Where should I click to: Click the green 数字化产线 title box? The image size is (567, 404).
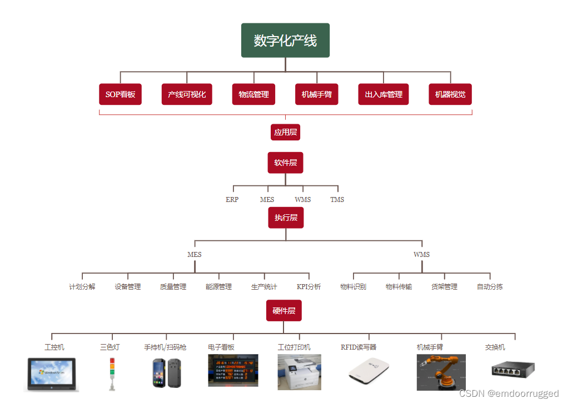(285, 41)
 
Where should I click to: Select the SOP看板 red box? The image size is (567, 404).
(120, 94)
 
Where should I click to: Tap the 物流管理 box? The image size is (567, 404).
(253, 94)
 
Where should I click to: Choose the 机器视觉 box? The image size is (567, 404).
(450, 94)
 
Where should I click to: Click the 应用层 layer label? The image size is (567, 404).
(285, 132)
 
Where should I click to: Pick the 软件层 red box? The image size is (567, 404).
(285, 163)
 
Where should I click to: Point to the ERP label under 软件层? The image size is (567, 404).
(232, 199)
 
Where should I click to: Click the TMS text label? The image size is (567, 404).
(337, 199)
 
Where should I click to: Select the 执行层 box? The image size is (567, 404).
(286, 218)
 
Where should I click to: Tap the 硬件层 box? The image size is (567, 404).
(283, 311)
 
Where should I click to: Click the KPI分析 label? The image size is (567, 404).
(309, 287)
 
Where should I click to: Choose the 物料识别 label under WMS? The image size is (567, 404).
(353, 287)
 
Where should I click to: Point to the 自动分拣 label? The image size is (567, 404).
(490, 287)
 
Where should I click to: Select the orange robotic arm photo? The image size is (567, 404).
(441, 372)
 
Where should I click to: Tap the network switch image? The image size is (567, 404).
(513, 370)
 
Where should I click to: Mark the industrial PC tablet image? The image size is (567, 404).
(53, 373)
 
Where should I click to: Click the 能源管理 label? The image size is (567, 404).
(218, 287)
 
